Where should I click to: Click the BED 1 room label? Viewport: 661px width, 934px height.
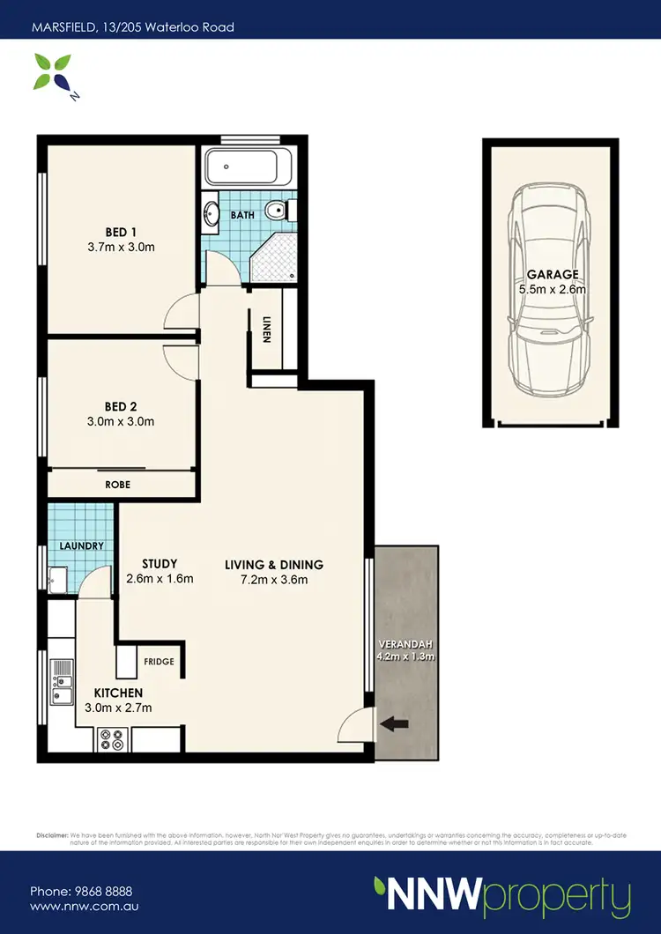(x=122, y=233)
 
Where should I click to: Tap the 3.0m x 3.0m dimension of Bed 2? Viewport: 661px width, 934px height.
(x=122, y=421)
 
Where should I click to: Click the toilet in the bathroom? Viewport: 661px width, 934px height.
(x=280, y=211)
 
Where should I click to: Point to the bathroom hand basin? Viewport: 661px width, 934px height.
(x=212, y=214)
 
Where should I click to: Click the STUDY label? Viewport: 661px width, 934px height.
(x=160, y=564)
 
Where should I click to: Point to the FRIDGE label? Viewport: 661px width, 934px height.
(x=160, y=661)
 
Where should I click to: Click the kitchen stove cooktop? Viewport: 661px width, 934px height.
(x=113, y=738)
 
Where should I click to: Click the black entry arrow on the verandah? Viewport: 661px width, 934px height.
(x=393, y=724)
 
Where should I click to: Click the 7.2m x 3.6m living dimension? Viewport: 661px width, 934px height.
(x=273, y=580)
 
